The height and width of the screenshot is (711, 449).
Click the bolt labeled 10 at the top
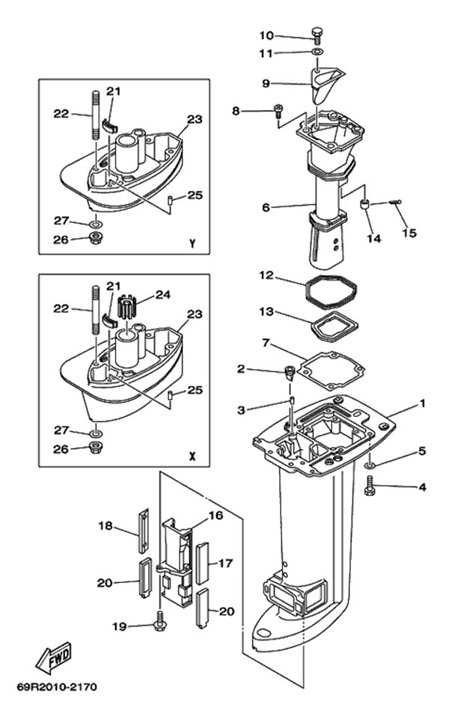pos(317,34)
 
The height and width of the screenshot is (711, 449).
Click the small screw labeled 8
pos(278,112)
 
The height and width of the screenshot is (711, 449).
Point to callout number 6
pos(266,207)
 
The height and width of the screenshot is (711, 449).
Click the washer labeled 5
pos(370,466)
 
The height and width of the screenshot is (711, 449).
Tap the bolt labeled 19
pos(159,623)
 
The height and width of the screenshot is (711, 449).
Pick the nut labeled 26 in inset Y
pos(97,239)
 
